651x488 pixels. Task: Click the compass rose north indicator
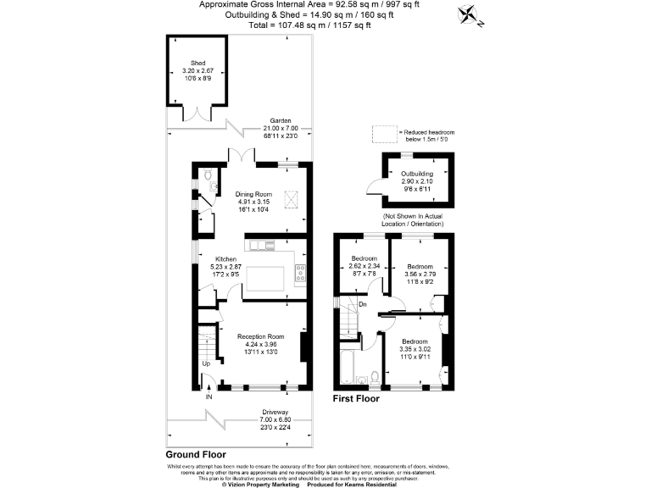tap(468, 15)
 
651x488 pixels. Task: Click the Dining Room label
tap(253, 194)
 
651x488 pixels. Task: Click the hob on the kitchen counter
tap(299, 274)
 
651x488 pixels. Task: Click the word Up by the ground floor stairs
tap(205, 365)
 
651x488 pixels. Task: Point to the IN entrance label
tap(209, 396)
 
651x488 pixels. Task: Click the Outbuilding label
tap(416, 174)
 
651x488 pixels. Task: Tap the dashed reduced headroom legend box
tap(385, 133)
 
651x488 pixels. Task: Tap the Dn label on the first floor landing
tap(362, 303)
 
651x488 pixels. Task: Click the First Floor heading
tap(355, 398)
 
